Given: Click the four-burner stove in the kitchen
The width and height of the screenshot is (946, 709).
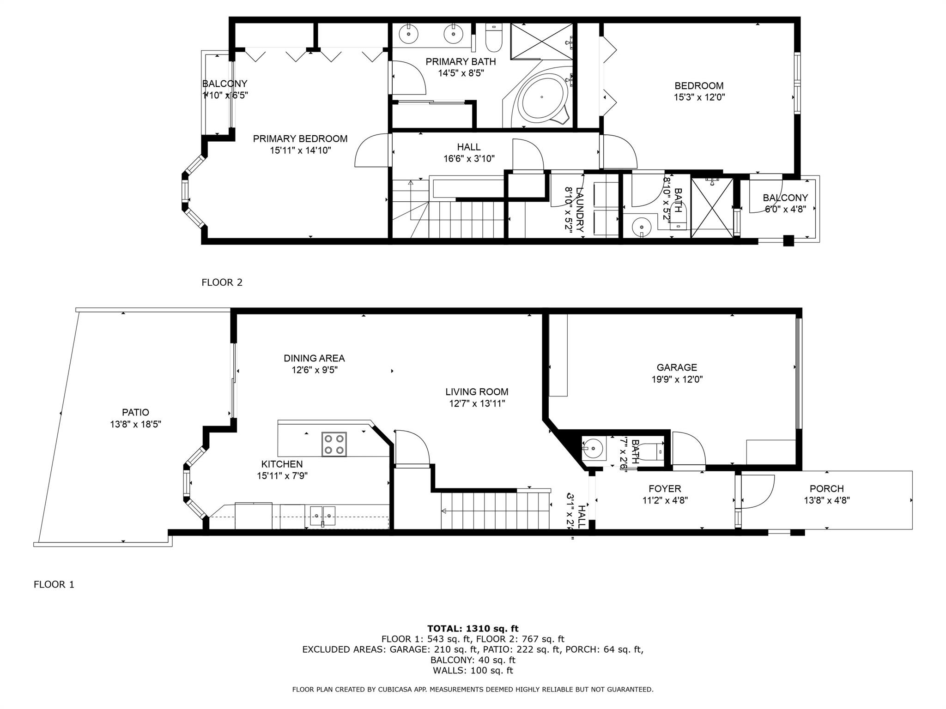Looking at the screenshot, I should [334, 445].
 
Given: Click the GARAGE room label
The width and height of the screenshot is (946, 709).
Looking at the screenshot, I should [677, 367].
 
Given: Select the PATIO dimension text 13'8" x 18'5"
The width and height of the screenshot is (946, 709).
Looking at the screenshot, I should [135, 424].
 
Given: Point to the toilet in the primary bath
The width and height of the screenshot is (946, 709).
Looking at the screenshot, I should [494, 39].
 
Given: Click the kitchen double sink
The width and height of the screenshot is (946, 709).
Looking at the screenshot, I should [322, 515].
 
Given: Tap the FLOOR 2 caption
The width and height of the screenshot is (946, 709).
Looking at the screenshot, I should [222, 282].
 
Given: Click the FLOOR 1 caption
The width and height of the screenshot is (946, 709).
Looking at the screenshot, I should [54, 584].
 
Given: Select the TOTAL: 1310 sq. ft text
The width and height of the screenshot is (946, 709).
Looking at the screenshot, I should [473, 628].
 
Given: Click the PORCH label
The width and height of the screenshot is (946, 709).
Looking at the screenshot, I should [826, 488].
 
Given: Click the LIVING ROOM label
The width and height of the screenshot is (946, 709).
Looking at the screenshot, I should [477, 392].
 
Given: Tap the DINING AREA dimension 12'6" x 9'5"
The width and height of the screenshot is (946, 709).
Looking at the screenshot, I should [314, 370].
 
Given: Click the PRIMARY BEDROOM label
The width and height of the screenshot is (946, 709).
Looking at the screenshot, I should [300, 138].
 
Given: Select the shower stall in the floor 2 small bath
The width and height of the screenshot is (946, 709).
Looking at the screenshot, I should [712, 208].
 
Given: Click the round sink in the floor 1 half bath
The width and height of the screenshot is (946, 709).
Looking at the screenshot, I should [592, 448].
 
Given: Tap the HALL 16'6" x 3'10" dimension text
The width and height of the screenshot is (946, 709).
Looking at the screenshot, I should [469, 159].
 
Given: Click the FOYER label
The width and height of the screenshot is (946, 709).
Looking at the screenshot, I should [665, 488].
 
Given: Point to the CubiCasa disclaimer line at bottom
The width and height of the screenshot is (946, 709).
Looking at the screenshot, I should [473, 690].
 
